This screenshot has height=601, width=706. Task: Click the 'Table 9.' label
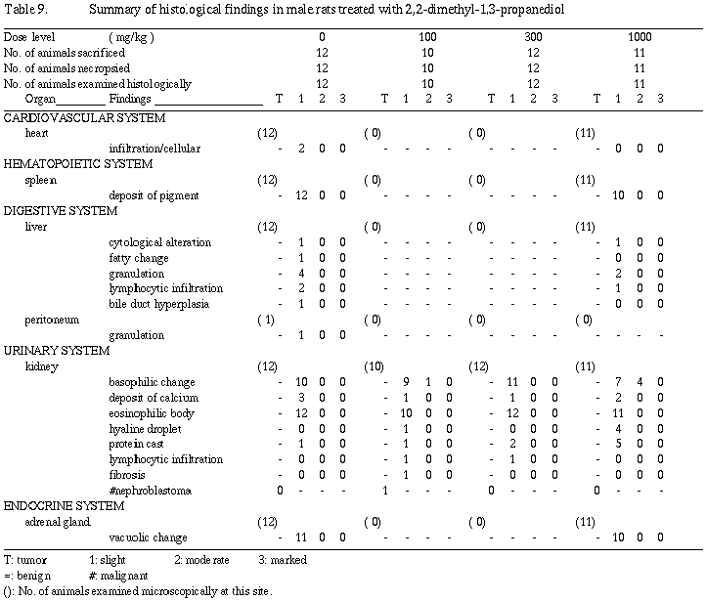click(25, 9)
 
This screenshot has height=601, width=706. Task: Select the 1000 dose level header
click(639, 36)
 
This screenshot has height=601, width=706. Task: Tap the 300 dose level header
click(533, 36)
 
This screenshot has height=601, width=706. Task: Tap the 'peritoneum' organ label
click(52, 320)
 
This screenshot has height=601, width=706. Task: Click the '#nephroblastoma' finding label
click(150, 491)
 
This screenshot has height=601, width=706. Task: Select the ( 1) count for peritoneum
click(266, 320)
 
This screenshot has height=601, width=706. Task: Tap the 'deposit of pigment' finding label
click(154, 195)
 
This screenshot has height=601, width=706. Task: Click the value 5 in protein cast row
click(618, 444)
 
